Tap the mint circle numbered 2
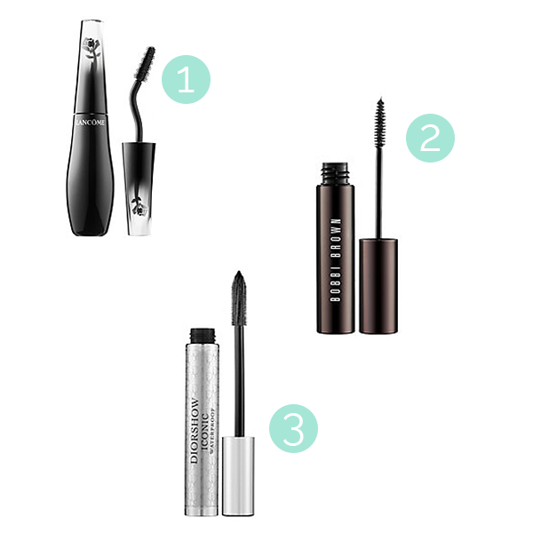tap(429, 139)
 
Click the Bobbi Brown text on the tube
tap(337, 261)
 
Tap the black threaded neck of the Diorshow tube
tap(203, 335)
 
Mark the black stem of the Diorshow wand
tap(238, 373)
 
